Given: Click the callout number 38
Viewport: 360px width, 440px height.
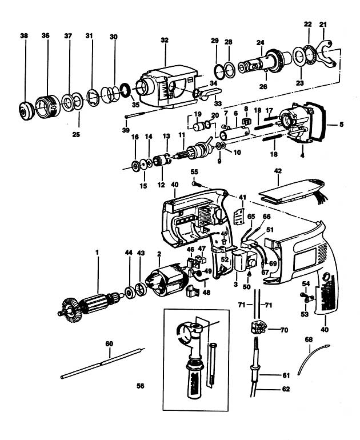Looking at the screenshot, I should point(23,35).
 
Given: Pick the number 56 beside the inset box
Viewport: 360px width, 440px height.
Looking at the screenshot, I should point(139,386).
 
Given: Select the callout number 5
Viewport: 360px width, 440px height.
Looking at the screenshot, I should point(341,123).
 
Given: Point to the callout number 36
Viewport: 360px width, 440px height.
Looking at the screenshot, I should point(46,35).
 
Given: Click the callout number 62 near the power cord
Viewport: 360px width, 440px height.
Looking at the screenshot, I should point(286,389).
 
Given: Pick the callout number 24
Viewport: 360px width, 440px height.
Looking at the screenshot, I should point(261,42).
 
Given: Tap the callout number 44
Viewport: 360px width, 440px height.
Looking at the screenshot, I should point(129,252).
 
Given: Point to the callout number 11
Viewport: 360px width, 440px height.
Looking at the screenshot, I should point(182,134).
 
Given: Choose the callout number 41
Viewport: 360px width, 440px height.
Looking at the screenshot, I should point(243,197).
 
